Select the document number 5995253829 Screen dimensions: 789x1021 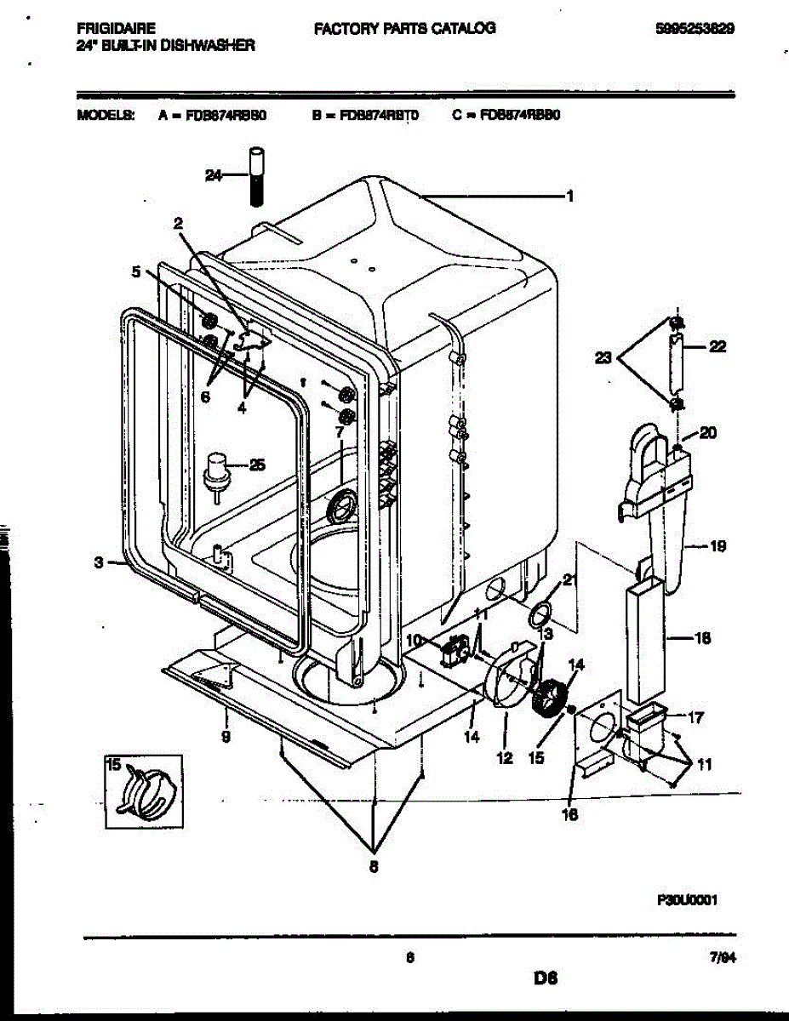tap(695, 29)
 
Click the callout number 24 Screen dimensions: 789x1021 tap(214, 175)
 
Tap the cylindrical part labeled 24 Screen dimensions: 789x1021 tap(257, 177)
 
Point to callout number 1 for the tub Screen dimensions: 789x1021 tap(569, 197)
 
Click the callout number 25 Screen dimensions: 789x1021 tap(256, 465)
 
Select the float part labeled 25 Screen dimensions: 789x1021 tap(219, 468)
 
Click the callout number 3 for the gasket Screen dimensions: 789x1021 tap(99, 562)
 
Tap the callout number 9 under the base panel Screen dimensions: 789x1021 tap(226, 738)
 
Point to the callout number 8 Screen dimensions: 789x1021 tap(374, 867)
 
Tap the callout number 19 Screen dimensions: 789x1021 tap(717, 547)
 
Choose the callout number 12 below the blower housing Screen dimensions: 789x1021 tap(505, 757)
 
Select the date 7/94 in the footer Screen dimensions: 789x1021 tap(722, 957)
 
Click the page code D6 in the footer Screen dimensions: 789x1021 tap(545, 979)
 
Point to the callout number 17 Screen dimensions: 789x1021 tap(695, 717)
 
